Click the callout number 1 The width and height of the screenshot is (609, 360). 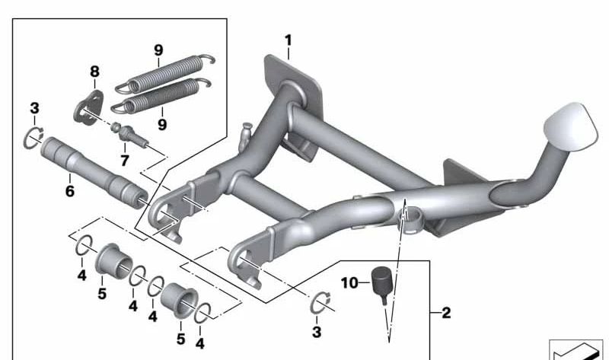[288, 40]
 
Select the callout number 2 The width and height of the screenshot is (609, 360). [446, 313]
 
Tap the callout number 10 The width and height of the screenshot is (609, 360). [349, 282]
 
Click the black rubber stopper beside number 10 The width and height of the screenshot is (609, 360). [379, 282]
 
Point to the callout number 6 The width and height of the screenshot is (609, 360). [69, 191]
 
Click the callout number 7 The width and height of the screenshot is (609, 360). [124, 161]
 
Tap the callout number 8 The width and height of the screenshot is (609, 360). [94, 72]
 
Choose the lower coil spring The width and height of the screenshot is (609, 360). [160, 94]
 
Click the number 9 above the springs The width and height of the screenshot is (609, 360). [158, 50]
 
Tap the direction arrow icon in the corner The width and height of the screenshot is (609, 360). [577, 349]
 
